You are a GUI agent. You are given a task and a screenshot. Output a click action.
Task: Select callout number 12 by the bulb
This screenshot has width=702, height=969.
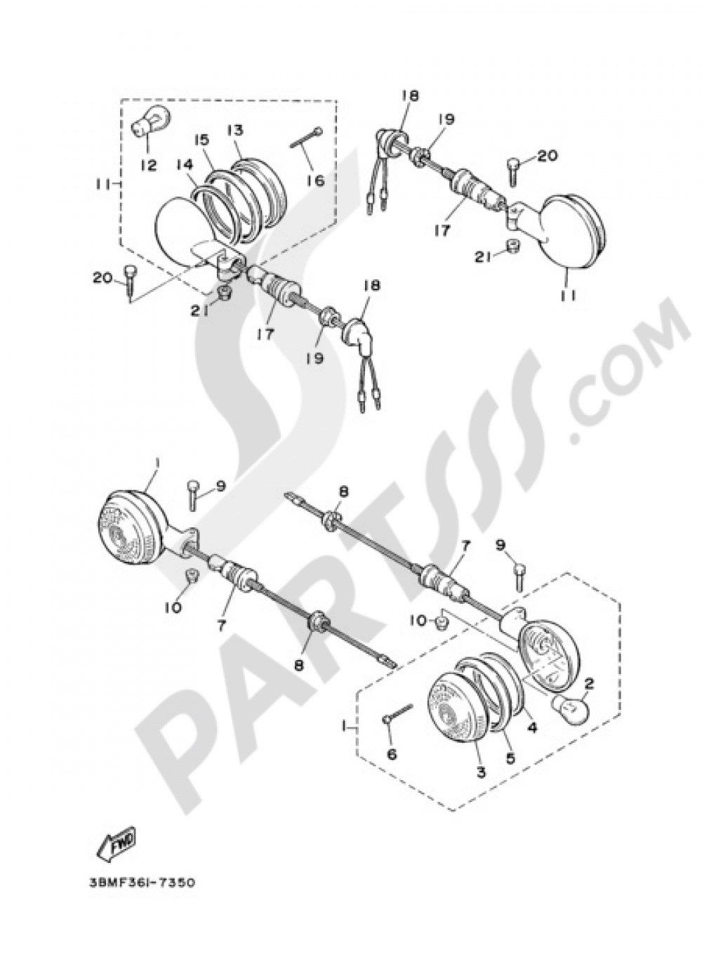(150, 165)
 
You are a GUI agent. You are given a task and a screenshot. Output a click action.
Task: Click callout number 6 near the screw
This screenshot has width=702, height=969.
(390, 754)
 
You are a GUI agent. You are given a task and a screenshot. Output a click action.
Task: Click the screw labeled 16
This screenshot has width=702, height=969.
(307, 138)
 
